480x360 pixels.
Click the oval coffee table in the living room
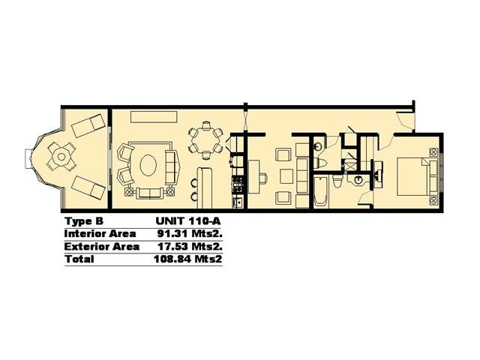pos(148,165)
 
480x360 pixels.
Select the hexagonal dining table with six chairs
pos(205,140)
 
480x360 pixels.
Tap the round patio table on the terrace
pos(61,157)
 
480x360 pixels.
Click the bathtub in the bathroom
pos(321,192)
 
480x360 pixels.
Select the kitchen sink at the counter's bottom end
pos(238,202)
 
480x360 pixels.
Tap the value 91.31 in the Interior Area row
pos(173,234)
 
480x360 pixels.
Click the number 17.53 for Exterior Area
pos(173,247)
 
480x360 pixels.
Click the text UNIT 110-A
pos(188,221)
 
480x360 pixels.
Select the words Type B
pos(84,221)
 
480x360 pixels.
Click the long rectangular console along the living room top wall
pos(154,117)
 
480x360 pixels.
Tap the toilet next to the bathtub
pos(337,181)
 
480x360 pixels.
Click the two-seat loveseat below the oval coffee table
pos(150,193)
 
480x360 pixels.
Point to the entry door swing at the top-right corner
pos(403,119)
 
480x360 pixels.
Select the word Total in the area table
pos(79,259)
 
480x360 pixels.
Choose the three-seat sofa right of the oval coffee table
pos(172,168)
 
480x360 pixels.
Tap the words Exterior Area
pos(102,247)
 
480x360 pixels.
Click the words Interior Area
pos(100,234)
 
